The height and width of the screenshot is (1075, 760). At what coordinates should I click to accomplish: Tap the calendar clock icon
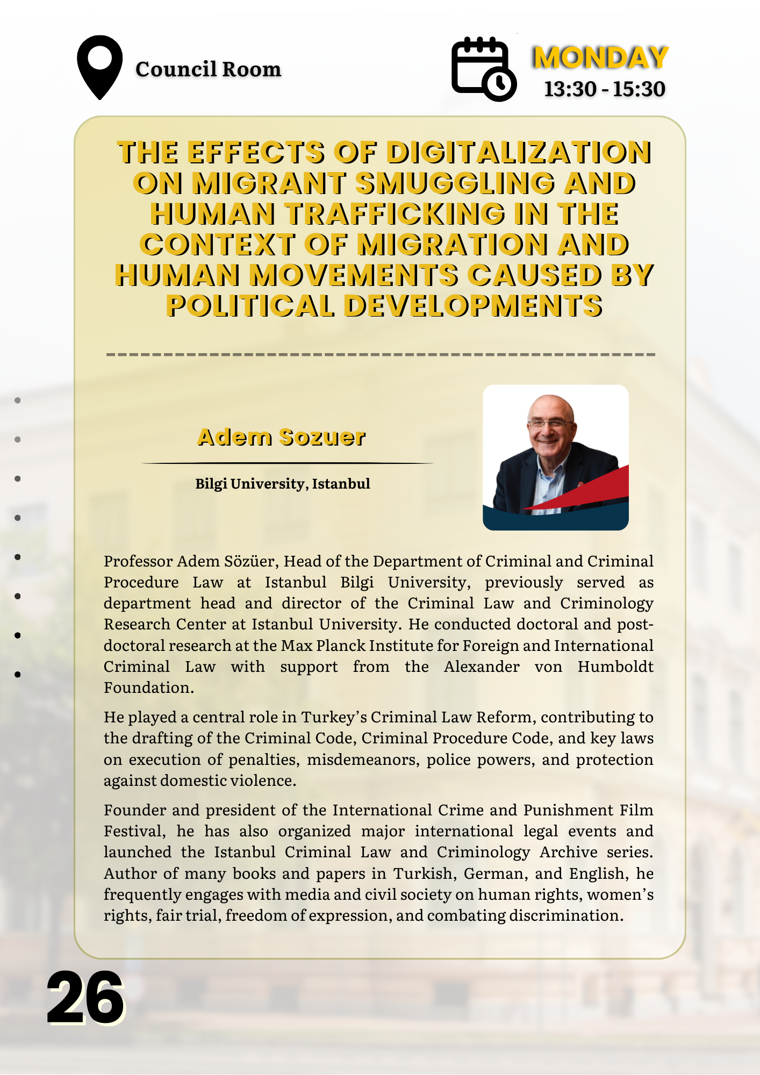483,68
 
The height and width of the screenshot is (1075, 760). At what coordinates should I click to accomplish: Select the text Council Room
208,69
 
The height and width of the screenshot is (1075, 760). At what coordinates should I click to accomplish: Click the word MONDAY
600,58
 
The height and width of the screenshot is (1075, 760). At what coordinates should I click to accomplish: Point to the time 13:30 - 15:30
605,89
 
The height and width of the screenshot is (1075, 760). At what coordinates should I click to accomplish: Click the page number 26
85,999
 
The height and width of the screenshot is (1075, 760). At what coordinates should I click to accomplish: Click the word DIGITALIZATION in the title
519,152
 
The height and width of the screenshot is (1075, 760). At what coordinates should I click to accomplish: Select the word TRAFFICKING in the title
395,214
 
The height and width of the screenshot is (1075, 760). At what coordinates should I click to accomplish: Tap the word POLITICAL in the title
250,306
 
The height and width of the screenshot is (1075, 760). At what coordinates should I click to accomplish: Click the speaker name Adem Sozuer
282,437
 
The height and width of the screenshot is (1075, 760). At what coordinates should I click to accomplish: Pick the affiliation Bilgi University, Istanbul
283,484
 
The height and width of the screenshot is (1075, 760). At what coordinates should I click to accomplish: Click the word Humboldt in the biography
615,666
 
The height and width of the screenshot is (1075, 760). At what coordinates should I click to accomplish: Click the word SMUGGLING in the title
455,183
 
